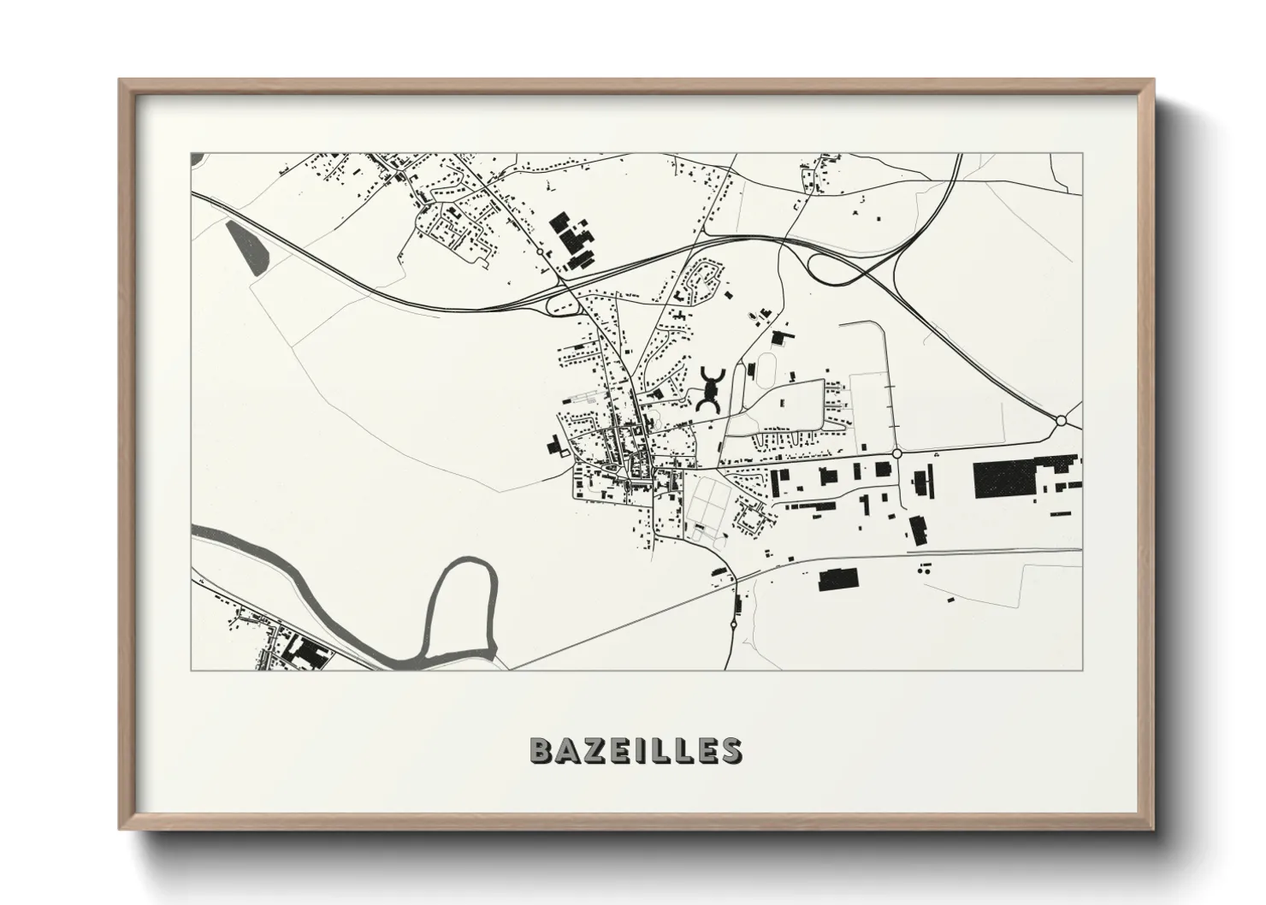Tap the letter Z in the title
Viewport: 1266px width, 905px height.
tap(593, 750)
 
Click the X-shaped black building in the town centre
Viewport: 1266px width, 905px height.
tap(710, 390)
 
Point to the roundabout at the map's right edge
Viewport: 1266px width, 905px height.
tap(1062, 420)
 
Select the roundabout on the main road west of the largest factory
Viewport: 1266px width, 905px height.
tap(896, 453)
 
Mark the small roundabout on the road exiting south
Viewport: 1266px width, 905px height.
tap(733, 625)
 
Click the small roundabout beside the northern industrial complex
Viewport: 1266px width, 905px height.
tap(538, 251)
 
